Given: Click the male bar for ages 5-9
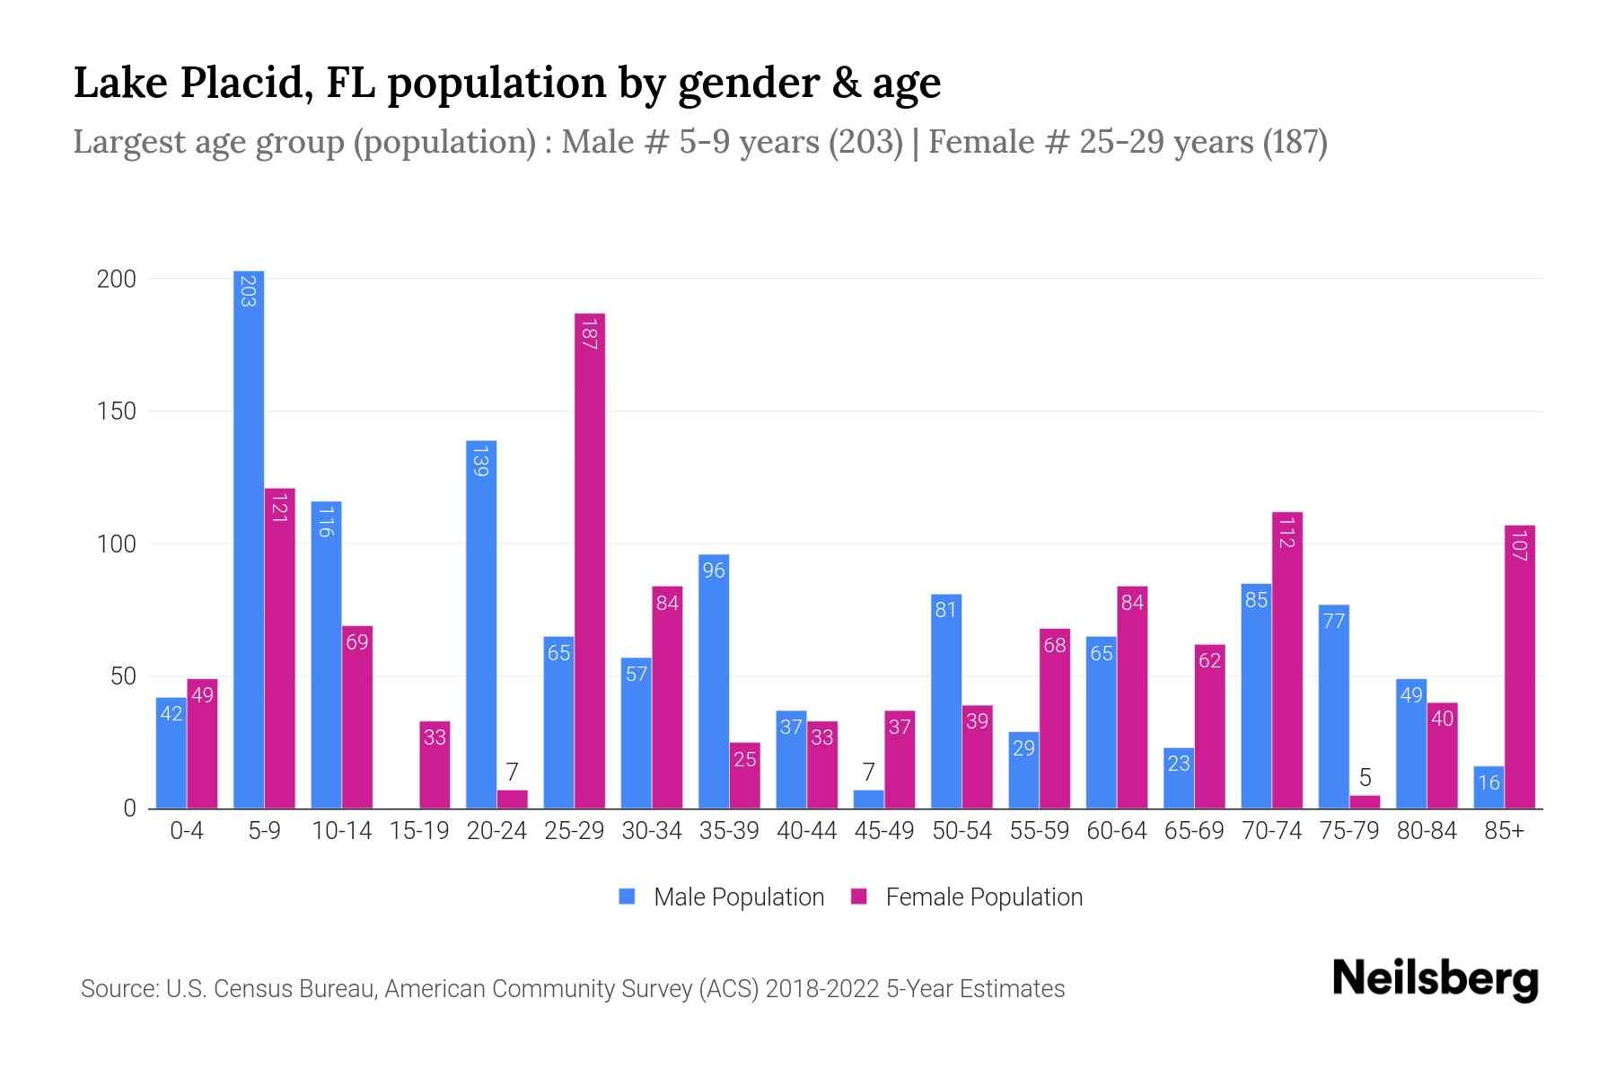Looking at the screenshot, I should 249,539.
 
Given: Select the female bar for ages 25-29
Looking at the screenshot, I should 590,561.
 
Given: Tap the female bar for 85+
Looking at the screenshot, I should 1520,667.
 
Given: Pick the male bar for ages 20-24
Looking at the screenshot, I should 481,624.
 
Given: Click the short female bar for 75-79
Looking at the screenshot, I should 1365,801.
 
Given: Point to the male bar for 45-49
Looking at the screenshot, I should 869,799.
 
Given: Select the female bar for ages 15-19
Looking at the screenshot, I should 435,764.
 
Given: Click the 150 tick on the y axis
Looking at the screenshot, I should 117,411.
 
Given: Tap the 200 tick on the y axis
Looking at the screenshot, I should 117,279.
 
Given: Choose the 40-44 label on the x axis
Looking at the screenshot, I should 806,831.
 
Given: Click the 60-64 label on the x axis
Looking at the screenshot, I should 1116,831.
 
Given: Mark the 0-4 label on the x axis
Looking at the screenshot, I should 187,831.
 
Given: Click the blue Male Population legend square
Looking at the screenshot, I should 627,897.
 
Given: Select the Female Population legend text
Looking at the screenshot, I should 984,897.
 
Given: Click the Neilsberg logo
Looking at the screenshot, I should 1435,979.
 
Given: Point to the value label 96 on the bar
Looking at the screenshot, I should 714,570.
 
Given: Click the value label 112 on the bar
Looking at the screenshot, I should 1287,533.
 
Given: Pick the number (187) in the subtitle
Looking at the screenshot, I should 1295,142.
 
